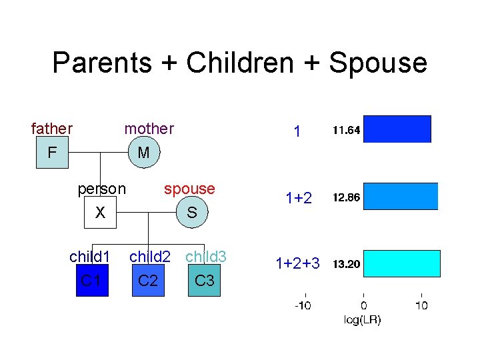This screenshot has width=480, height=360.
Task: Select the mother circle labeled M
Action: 143,153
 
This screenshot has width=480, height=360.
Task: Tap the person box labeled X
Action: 101,213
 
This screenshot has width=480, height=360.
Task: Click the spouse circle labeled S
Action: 191,213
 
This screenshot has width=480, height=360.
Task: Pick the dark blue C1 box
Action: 91,280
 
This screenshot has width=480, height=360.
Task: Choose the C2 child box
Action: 147,280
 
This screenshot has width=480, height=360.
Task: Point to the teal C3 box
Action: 204,280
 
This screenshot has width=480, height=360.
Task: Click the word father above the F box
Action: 52,128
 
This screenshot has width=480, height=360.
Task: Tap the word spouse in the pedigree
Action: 189,189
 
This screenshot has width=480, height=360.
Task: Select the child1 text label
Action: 89,257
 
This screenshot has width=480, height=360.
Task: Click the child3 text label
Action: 206,257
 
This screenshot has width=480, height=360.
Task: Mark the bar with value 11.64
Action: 397,129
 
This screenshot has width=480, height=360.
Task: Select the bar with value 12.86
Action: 400,196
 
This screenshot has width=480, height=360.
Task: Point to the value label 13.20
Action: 346,264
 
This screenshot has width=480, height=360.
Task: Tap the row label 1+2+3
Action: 297,264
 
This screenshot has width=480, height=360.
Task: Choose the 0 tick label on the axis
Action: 363,305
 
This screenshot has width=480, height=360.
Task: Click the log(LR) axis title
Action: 363,320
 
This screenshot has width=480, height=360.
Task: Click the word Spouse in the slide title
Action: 378,63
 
